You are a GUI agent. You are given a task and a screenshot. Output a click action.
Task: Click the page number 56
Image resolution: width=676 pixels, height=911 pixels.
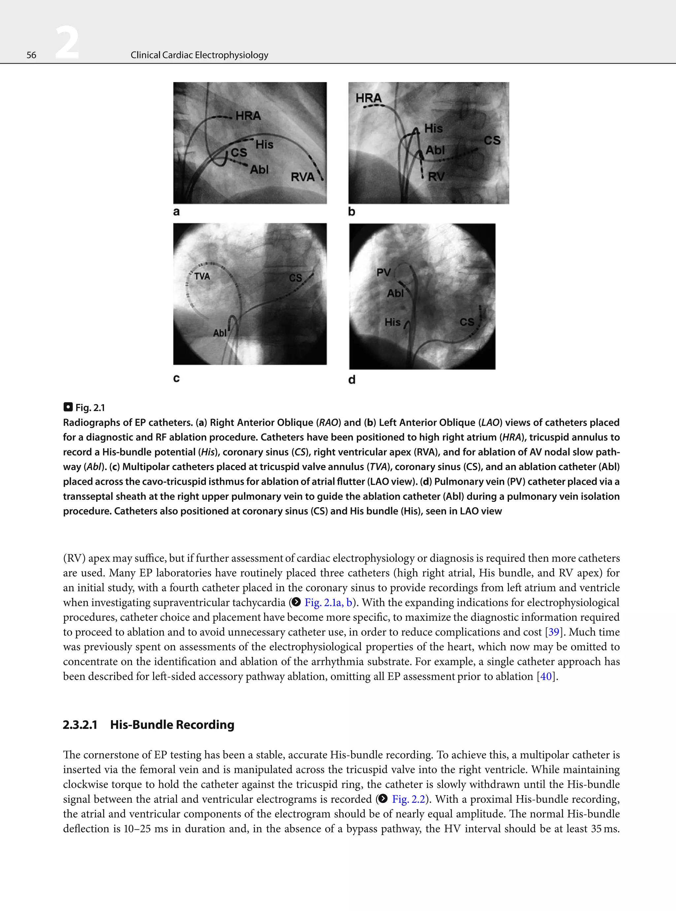pyautogui.click(x=31, y=55)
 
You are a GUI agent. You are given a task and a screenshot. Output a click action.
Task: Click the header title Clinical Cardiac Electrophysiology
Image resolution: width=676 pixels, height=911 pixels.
pyautogui.click(x=199, y=55)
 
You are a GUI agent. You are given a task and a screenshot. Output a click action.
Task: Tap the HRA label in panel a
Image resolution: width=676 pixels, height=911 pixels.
pyautogui.click(x=248, y=116)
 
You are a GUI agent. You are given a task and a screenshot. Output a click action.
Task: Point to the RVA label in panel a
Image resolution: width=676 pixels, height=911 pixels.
pyautogui.click(x=302, y=177)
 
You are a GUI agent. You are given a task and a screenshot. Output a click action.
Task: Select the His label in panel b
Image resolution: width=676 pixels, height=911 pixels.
pyautogui.click(x=433, y=128)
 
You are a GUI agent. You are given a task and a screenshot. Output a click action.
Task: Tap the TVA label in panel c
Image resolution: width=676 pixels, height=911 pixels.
pyautogui.click(x=202, y=276)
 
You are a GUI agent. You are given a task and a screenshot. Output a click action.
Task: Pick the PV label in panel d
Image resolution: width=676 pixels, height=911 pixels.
pyautogui.click(x=384, y=272)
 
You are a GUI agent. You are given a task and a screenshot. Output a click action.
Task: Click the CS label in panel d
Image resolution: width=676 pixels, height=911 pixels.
pyautogui.click(x=466, y=322)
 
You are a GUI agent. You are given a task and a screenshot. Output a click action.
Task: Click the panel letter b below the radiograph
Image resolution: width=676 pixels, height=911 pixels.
pyautogui.click(x=352, y=212)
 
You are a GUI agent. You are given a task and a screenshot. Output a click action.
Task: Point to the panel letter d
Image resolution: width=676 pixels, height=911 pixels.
pyautogui.click(x=352, y=380)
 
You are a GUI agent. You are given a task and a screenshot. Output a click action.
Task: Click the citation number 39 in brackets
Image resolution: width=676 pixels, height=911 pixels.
pyautogui.click(x=554, y=632)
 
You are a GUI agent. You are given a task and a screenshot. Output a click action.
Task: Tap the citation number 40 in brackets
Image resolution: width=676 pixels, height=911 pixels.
pyautogui.click(x=546, y=676)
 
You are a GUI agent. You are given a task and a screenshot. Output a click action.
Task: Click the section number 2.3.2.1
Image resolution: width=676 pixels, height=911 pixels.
pyautogui.click(x=80, y=725)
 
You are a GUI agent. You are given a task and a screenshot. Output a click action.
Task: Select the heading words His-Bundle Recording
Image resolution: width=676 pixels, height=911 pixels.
pyautogui.click(x=172, y=725)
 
